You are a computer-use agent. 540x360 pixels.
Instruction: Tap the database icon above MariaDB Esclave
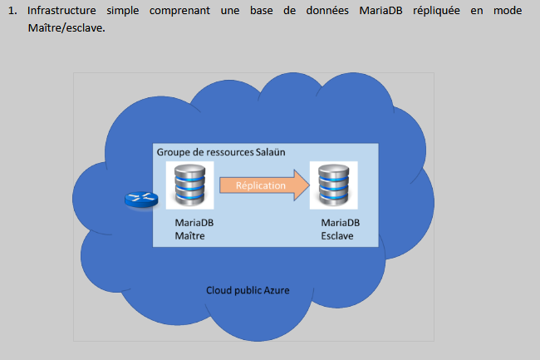332,185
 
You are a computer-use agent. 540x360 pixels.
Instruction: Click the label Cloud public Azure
248,290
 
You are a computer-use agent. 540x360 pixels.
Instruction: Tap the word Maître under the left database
189,236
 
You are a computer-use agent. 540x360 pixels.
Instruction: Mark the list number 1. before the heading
14,12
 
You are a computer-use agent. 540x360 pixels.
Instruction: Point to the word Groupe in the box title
174,152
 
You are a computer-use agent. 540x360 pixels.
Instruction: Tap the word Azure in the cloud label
277,290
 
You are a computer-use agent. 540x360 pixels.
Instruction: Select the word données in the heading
304,12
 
